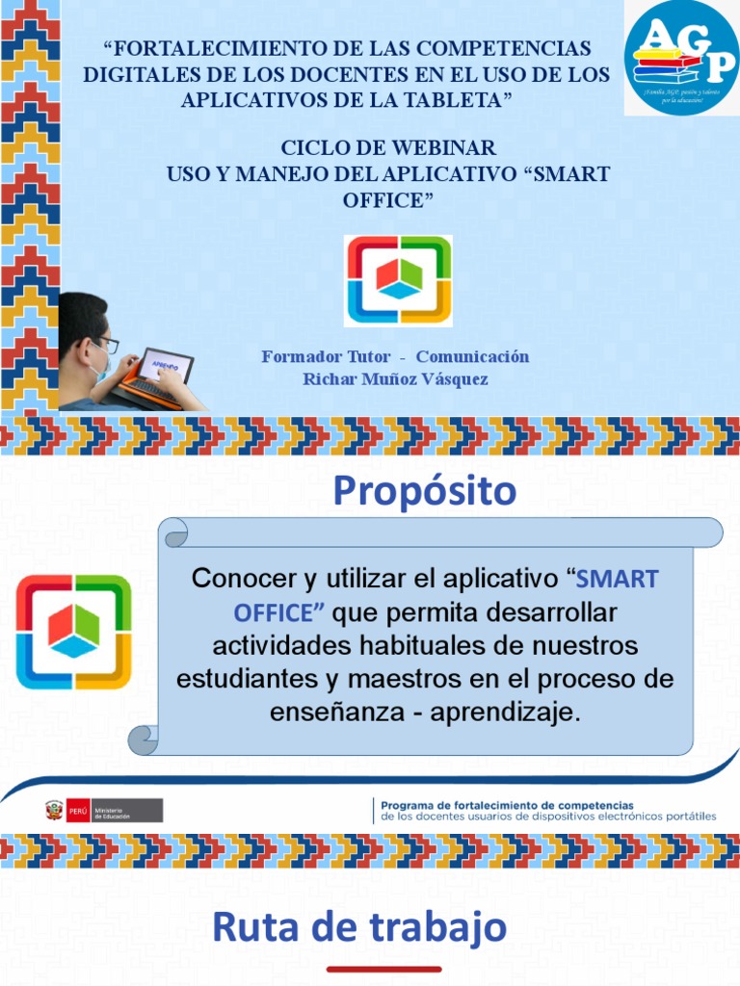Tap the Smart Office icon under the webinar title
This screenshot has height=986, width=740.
point(399,280)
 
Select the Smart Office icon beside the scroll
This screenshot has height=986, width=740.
point(74,632)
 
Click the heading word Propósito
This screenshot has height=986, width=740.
point(425,491)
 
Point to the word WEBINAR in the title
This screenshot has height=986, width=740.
point(447,148)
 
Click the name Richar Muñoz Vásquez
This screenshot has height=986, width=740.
point(395,378)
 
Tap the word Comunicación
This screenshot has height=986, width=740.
point(472,356)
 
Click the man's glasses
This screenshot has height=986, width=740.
point(106,343)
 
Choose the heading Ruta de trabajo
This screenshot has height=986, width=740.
point(359,927)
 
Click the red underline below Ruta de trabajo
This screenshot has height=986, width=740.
point(383,969)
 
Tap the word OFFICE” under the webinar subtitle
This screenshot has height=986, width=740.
point(388,199)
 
